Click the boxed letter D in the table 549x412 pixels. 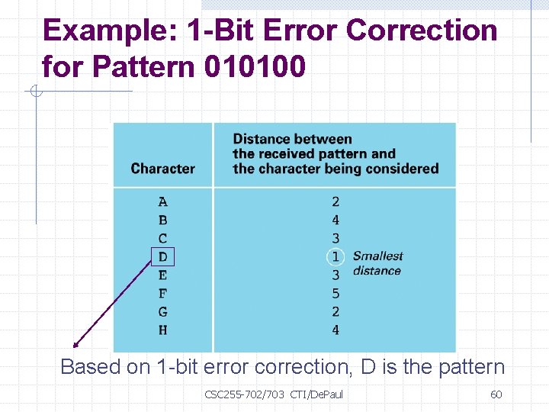[x=163, y=257]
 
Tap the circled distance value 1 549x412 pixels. [x=335, y=257]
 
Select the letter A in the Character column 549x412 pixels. [x=163, y=202]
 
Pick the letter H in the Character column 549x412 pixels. [x=163, y=330]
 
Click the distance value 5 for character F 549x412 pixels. [x=335, y=294]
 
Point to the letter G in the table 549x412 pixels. [x=163, y=312]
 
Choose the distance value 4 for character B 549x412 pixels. [x=335, y=220]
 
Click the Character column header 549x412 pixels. [x=162, y=169]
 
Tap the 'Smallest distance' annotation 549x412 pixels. [x=377, y=263]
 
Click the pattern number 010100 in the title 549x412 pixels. [x=255, y=67]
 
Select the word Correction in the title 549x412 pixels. [x=422, y=31]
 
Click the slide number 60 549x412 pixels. [x=496, y=394]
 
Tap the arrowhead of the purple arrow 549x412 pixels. [x=75, y=346]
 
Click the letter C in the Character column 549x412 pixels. [x=163, y=239]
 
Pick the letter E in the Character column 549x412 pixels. [x=163, y=275]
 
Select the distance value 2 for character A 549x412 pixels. [x=335, y=202]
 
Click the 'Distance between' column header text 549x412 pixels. [x=292, y=139]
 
